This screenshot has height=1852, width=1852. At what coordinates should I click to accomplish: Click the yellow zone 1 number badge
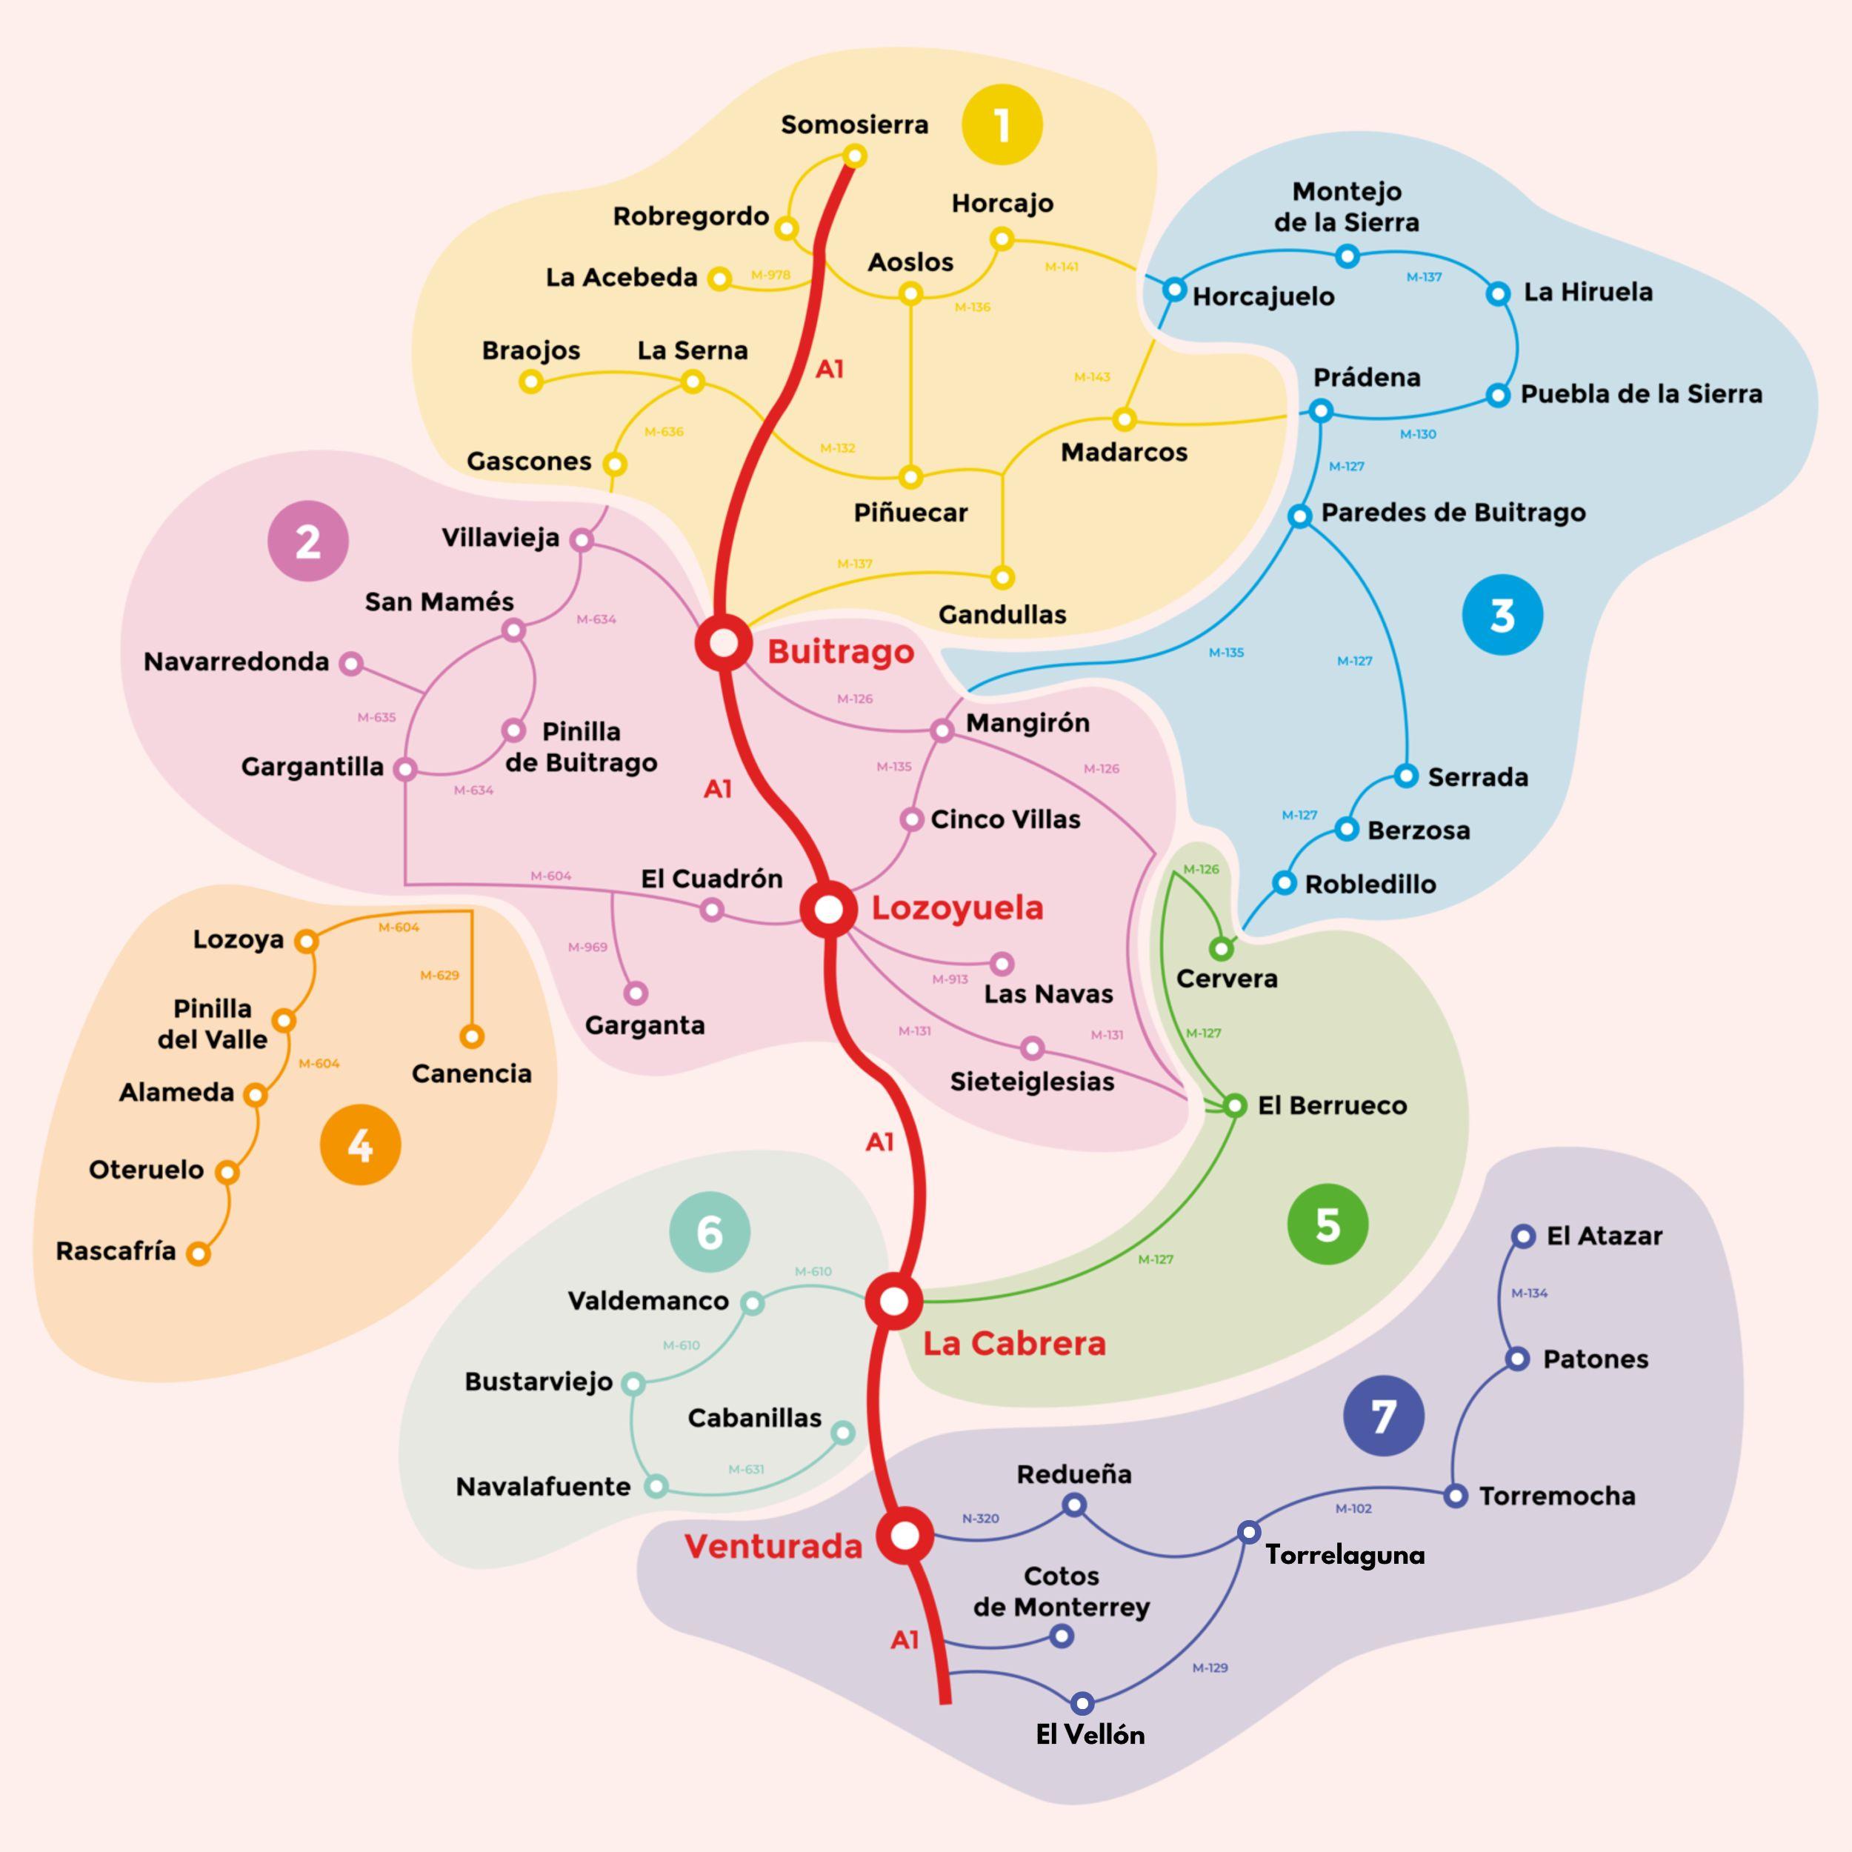click(1002, 124)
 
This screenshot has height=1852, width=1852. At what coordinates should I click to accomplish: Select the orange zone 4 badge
click(361, 1145)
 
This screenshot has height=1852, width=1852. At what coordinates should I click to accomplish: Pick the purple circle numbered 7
click(1383, 1415)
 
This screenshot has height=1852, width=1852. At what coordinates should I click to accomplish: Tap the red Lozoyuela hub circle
click(829, 909)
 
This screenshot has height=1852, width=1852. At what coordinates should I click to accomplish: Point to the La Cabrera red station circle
click(893, 1301)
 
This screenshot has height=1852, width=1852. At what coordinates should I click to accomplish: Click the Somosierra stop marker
click(855, 156)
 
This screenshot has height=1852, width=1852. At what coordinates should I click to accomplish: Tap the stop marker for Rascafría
click(199, 1253)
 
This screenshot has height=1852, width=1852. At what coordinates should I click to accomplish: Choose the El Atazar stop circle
click(1523, 1236)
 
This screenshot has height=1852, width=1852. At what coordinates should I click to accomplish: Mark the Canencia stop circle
click(472, 1036)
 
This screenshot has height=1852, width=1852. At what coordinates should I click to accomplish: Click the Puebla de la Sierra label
click(1641, 394)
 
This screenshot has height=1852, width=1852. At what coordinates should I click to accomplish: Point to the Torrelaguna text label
click(1345, 1555)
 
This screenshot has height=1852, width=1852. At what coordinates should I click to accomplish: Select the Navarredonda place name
click(236, 662)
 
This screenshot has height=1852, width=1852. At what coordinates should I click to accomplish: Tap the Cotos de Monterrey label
click(1061, 1591)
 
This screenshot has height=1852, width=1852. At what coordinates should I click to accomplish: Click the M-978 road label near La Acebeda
click(770, 275)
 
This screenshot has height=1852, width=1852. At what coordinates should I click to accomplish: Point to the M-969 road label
click(587, 947)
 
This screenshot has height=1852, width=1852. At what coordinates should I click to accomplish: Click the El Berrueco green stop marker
click(1236, 1105)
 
